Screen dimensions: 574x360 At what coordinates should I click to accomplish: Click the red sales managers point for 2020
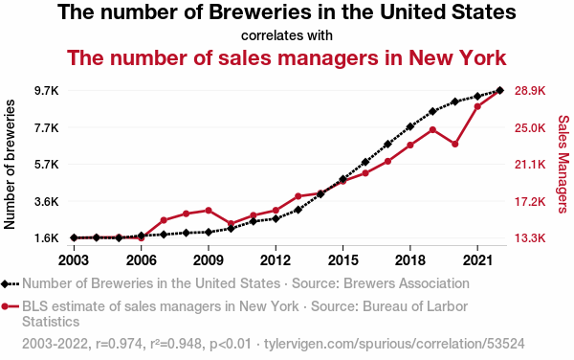(455, 144)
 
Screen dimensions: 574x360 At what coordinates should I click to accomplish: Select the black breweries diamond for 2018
(410, 126)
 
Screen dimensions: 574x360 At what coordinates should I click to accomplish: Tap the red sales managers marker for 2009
(209, 211)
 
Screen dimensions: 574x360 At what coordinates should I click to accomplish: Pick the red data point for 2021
(477, 106)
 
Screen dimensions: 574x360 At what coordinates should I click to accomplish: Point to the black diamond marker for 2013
(298, 210)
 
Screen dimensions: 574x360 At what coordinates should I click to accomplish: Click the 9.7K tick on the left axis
(47, 90)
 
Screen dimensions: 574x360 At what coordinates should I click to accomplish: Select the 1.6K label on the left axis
(47, 238)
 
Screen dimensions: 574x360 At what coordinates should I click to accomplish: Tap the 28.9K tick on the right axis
(530, 90)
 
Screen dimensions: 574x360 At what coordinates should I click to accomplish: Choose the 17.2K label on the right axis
(530, 201)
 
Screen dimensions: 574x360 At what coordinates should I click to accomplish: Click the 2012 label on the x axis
(276, 260)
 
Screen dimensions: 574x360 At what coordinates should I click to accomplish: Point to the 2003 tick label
(74, 260)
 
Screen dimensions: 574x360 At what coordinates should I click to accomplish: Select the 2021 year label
(477, 260)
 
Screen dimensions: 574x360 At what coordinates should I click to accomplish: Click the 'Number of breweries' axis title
(10, 165)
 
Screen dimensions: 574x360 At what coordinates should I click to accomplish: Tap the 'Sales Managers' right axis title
(563, 164)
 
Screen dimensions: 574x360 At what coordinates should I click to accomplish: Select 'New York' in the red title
(457, 57)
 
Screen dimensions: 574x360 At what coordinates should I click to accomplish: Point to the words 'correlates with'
(287, 35)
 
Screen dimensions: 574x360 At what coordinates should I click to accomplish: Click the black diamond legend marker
(5, 283)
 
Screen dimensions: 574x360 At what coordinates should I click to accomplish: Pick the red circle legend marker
(5, 306)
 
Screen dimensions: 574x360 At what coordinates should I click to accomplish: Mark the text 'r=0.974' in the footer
(119, 344)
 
